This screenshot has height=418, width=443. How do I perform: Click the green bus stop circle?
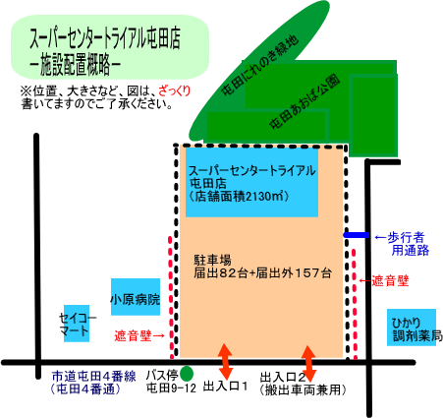coord(187,373)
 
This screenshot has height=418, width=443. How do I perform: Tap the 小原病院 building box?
coord(136,297)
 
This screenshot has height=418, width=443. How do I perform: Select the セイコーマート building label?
coord(78,324)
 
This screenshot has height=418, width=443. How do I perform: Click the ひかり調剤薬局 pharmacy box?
coord(412,328)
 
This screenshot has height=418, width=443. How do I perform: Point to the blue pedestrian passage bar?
coord(357,235)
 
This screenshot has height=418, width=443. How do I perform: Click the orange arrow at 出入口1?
coord(225,362)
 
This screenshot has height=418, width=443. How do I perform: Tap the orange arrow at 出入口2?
coord(308,363)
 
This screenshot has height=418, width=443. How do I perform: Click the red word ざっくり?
coord(175,90)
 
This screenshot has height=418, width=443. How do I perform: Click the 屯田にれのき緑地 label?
coord(260,65)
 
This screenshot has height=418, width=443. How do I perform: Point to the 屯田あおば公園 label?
coord(305,102)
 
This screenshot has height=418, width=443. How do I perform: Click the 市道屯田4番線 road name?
coord(94,376)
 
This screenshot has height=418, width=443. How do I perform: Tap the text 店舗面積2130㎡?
coord(239,197)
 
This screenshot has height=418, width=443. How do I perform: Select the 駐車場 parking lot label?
coord(212,261)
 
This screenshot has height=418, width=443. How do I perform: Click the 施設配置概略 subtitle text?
coord(75,64)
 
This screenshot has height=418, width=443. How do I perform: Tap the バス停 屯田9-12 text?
coord(171,382)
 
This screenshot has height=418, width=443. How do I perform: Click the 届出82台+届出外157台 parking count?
coord(262,272)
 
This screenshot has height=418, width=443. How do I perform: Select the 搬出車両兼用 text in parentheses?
coord(303,390)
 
